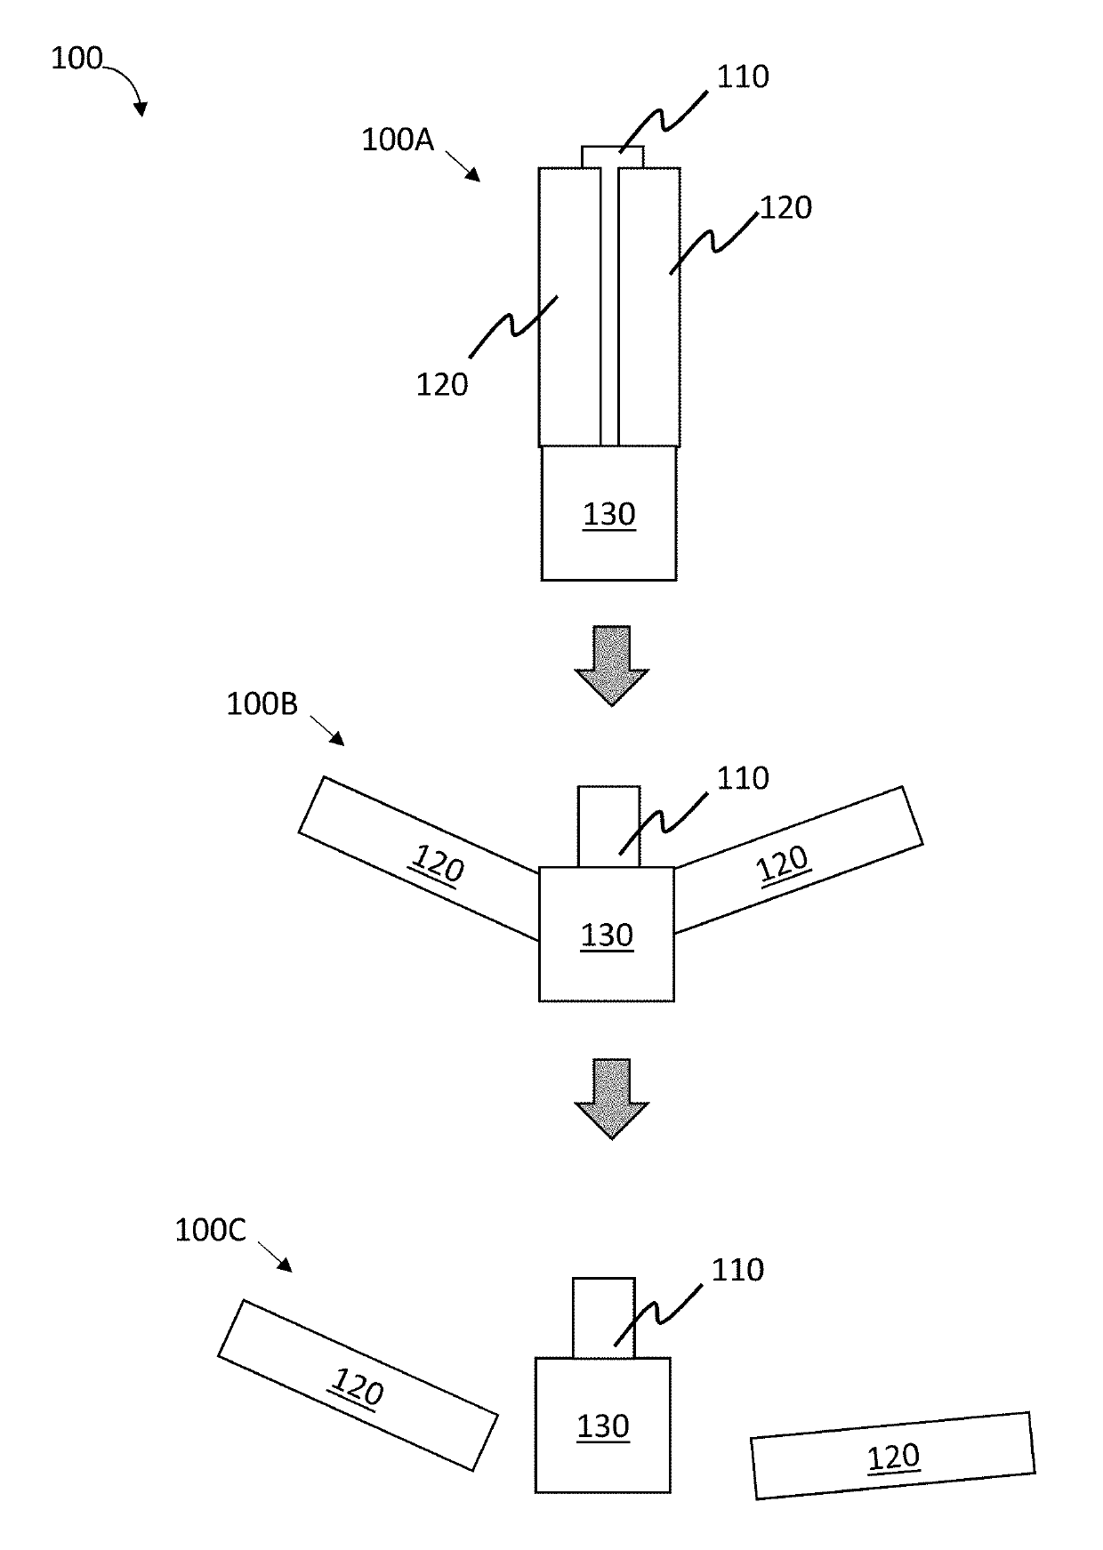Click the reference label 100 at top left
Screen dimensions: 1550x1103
pyautogui.click(x=76, y=60)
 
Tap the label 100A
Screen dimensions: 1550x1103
pyautogui.click(x=398, y=140)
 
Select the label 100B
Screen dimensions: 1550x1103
pyautogui.click(x=262, y=704)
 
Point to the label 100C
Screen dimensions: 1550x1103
pyautogui.click(x=210, y=1231)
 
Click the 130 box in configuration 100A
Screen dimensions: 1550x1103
pyautogui.click(x=609, y=514)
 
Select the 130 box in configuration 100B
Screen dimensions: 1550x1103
pyautogui.click(x=607, y=935)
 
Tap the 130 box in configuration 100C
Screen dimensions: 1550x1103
pyautogui.click(x=602, y=1426)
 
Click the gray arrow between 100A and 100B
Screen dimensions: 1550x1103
pyautogui.click(x=612, y=665)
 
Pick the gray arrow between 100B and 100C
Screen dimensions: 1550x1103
pyautogui.click(x=612, y=1098)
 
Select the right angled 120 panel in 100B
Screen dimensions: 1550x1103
pyautogui.click(x=798, y=858)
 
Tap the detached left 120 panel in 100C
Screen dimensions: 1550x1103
pyautogui.click(x=358, y=1385)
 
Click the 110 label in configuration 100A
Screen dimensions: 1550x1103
pyautogui.click(x=743, y=77)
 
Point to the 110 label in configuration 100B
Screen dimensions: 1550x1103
pyautogui.click(x=743, y=779)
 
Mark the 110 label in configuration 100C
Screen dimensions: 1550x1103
pyautogui.click(x=737, y=1270)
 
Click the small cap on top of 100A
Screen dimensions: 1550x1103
pyautogui.click(x=613, y=157)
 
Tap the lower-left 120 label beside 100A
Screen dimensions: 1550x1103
pyautogui.click(x=442, y=384)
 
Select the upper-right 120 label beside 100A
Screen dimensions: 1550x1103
pyautogui.click(x=786, y=208)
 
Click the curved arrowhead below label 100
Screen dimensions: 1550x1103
pyautogui.click(x=140, y=108)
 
